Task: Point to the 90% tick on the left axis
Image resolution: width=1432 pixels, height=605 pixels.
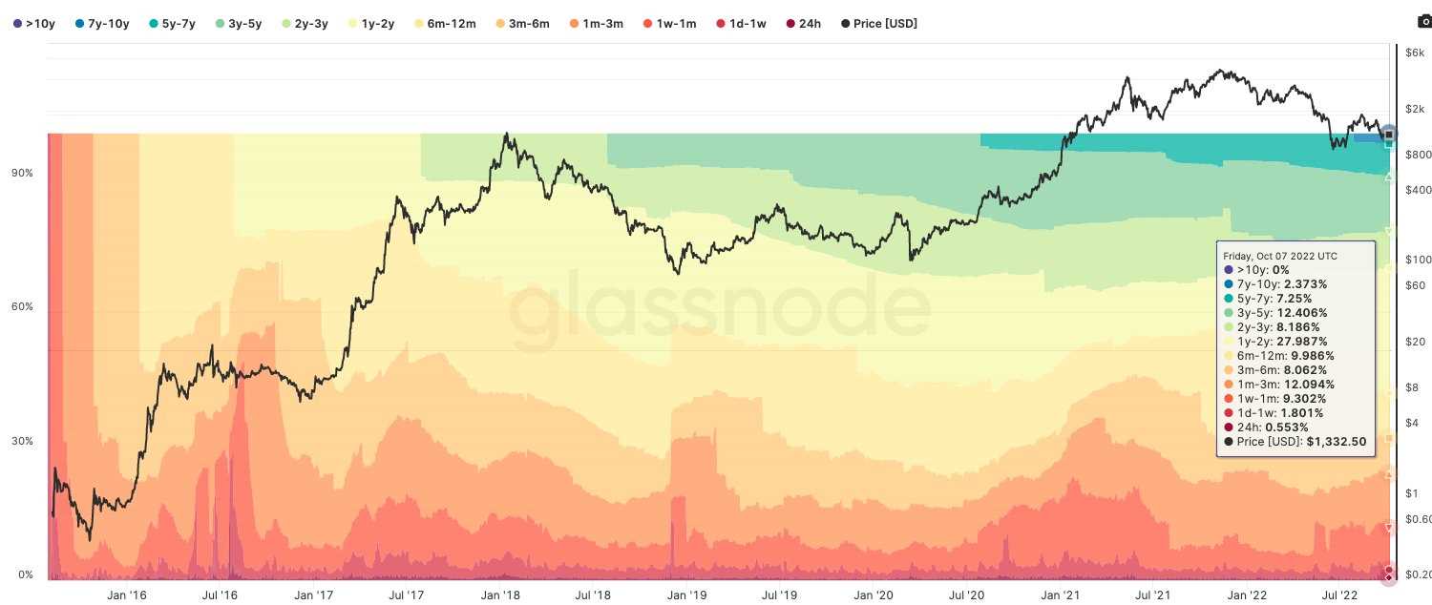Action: tap(21, 173)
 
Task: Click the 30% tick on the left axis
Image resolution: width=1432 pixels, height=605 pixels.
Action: tap(21, 441)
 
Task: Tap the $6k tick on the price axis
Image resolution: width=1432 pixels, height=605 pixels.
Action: tap(1415, 52)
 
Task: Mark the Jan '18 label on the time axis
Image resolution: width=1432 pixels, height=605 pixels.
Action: tap(500, 595)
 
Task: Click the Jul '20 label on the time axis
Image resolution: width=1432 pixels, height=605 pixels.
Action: tap(967, 595)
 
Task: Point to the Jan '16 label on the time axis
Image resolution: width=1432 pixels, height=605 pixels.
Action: tap(126, 595)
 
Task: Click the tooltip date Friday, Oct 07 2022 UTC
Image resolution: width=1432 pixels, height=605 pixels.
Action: tap(1280, 256)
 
